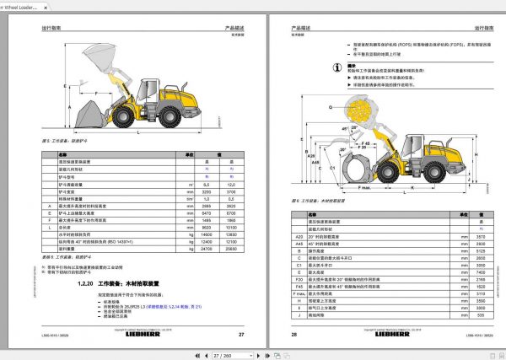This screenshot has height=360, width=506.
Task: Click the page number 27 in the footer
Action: (x=240, y=335)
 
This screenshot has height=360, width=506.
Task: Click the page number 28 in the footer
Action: (x=294, y=335)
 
